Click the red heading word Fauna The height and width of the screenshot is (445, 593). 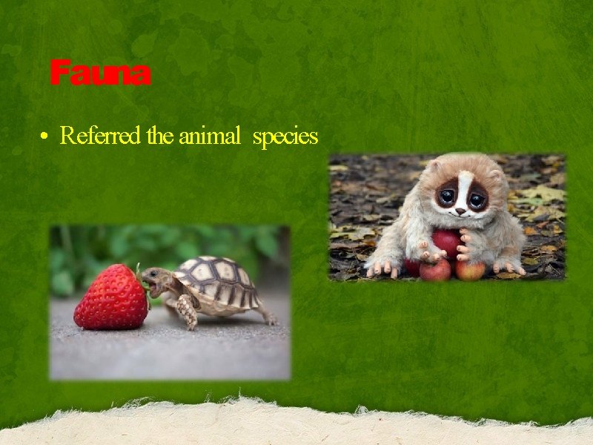click(x=100, y=74)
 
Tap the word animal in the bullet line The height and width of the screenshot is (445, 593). click(x=210, y=136)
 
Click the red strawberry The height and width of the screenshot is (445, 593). click(x=110, y=297)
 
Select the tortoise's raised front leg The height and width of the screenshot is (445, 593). click(x=187, y=310)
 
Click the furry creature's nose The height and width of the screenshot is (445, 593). click(x=460, y=211)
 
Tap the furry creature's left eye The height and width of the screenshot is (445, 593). click(x=447, y=197)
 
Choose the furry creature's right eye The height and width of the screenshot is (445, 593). click(x=476, y=199)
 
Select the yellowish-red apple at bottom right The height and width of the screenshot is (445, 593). click(x=470, y=268)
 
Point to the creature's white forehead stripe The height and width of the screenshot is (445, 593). click(x=462, y=182)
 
